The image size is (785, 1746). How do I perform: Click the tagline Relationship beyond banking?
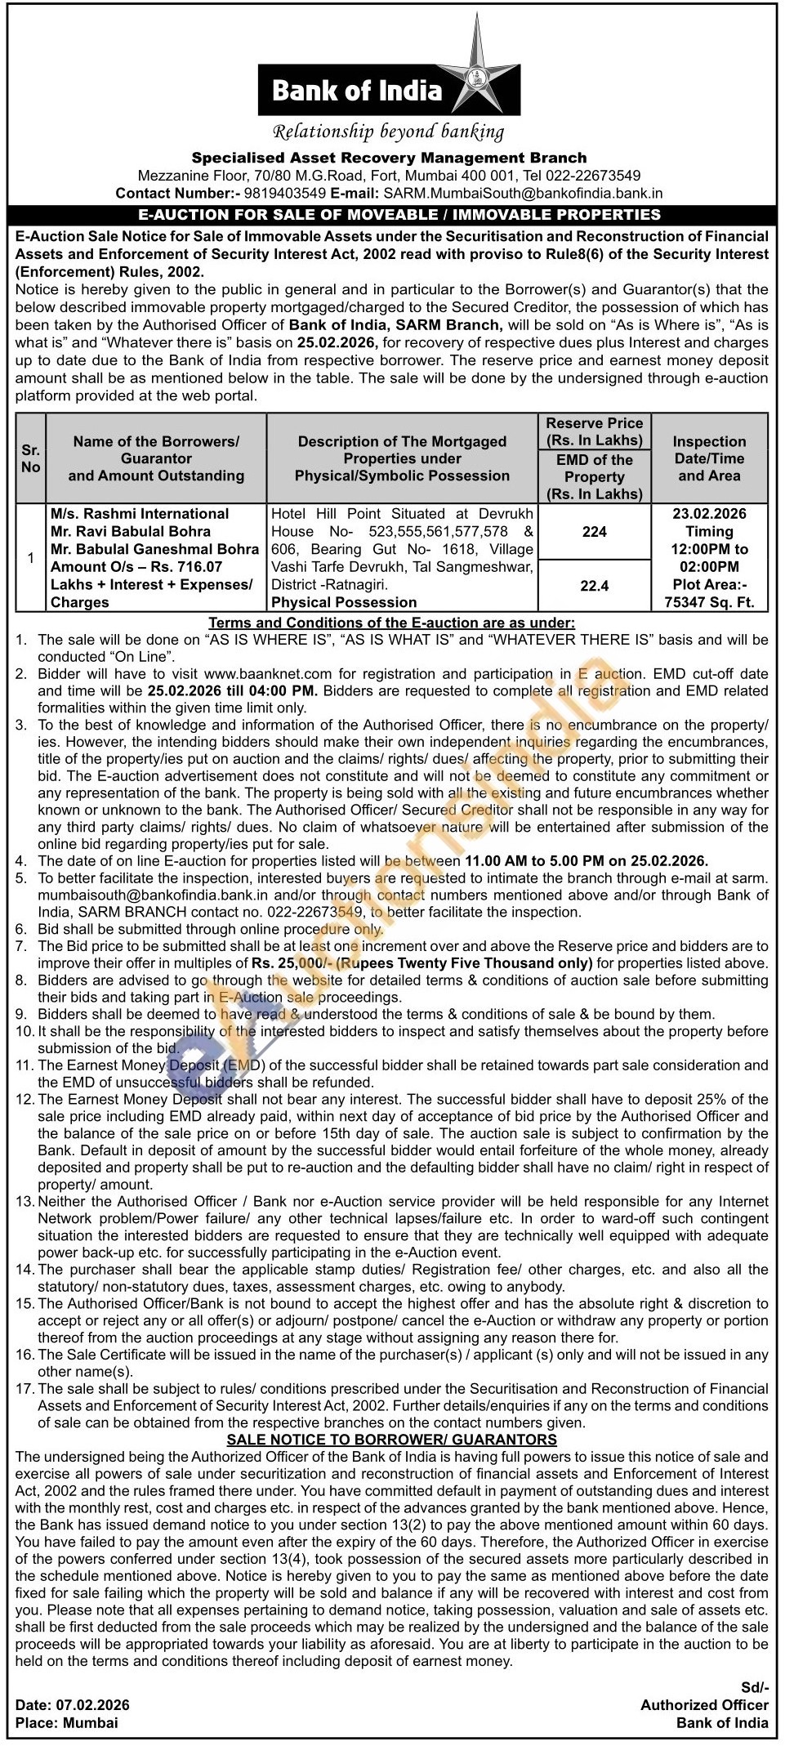[x=388, y=131]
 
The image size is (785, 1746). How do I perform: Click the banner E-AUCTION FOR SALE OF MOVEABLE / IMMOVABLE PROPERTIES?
[x=392, y=215]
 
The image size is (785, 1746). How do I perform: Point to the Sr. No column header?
[x=30, y=458]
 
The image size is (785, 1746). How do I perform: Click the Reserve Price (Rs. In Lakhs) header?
[x=594, y=431]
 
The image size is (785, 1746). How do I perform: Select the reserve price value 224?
[x=594, y=532]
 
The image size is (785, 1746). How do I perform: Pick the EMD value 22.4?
[x=594, y=586]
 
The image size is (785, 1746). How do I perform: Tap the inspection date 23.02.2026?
[x=709, y=514]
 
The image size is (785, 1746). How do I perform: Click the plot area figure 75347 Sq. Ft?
[x=709, y=603]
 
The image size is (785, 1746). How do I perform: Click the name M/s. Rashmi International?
[x=140, y=514]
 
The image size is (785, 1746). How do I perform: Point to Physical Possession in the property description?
[x=344, y=603]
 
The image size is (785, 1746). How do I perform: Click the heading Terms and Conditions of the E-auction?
[x=392, y=623]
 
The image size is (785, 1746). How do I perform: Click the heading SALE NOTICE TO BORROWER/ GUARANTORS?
[x=392, y=1440]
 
